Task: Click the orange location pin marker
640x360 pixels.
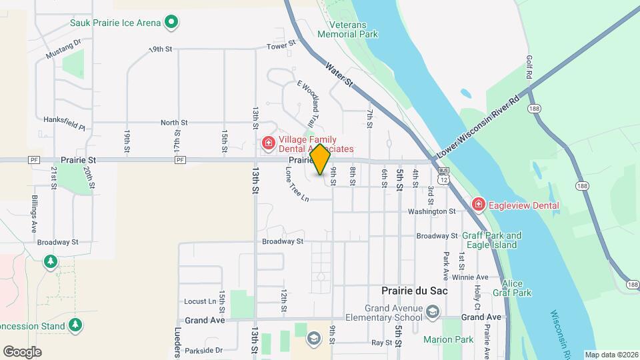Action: (320, 159)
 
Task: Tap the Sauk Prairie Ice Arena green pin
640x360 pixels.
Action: (171, 23)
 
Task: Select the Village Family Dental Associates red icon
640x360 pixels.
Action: (268, 143)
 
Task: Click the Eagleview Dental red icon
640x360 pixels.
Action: (478, 205)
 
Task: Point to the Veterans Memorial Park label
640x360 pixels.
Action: (347, 29)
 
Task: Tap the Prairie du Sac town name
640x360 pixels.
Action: (414, 291)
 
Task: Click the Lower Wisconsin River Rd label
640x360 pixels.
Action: (478, 126)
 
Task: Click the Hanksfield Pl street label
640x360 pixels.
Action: (65, 123)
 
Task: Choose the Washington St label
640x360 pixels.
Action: (431, 211)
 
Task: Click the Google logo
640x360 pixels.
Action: (22, 351)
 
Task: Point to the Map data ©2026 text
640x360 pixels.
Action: (611, 355)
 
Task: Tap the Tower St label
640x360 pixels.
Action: (281, 46)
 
